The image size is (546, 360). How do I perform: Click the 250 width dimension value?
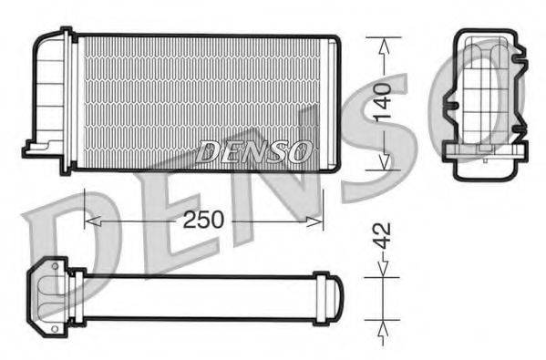click(x=204, y=221)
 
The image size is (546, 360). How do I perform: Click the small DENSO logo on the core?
click(x=254, y=151)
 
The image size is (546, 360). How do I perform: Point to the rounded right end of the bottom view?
click(x=336, y=298)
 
